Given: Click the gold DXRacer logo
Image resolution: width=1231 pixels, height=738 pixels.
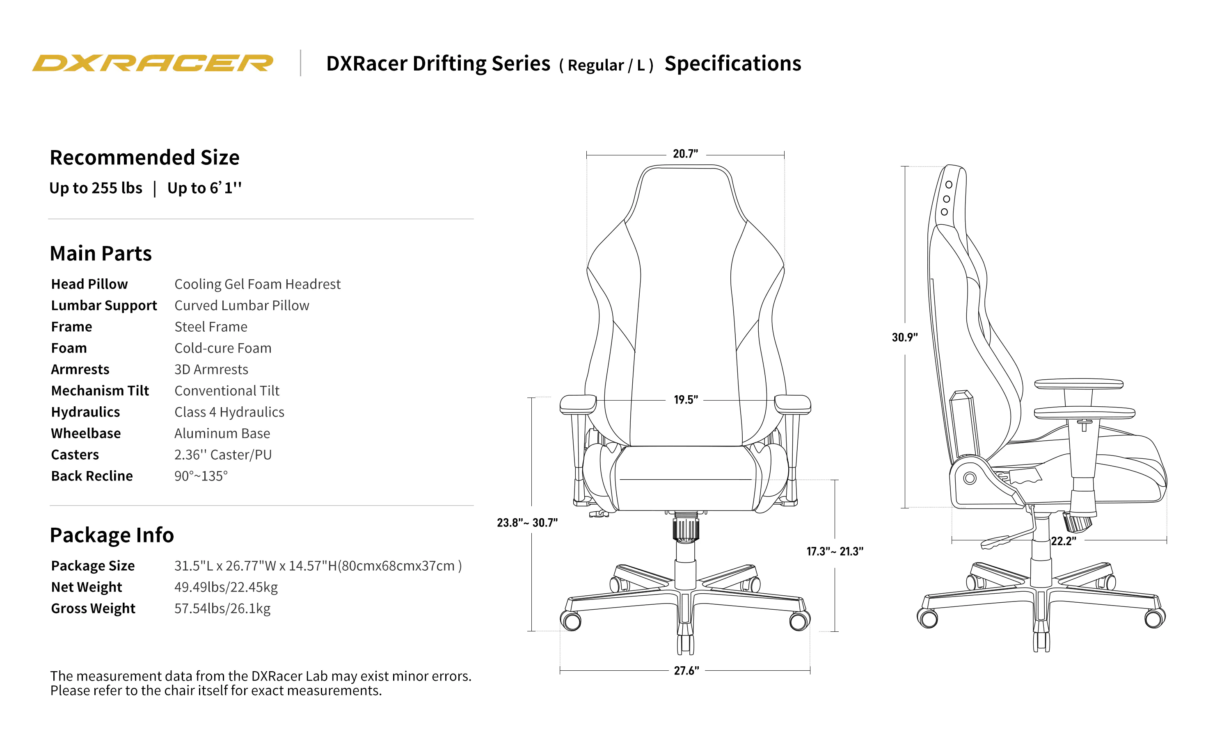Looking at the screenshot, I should point(152,63).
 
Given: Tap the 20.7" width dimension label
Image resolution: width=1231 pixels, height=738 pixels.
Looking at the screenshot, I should point(685,154).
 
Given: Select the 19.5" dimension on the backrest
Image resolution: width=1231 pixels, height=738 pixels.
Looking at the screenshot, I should point(685,400).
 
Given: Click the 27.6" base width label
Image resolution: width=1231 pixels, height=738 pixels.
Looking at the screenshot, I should point(686,671).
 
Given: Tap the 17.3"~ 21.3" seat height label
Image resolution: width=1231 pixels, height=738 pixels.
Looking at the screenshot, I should point(835,551).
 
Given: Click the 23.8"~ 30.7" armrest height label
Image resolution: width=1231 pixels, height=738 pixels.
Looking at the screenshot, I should point(527,523).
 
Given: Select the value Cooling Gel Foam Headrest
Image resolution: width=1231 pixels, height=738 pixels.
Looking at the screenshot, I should point(257,284).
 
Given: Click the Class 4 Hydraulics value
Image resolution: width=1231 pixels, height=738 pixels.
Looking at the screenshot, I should point(229,412).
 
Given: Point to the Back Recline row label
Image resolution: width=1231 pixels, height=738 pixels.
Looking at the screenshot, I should point(92,476).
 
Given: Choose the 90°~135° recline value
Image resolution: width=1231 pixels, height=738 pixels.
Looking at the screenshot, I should point(201,476).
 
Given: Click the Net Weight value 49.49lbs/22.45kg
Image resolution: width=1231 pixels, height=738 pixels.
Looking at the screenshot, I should point(225,587).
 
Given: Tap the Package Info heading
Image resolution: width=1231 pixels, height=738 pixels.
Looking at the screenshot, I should point(112,535).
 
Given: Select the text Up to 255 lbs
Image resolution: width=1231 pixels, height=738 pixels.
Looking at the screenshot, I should point(96,188).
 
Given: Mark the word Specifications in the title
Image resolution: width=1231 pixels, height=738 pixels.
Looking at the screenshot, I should point(732,64).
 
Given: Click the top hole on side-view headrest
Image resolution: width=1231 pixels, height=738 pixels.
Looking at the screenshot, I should point(948,184).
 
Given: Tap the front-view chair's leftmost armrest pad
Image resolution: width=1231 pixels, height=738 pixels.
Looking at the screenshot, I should point(578,403).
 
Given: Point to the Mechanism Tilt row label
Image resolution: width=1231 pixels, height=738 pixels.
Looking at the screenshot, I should point(100,391).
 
